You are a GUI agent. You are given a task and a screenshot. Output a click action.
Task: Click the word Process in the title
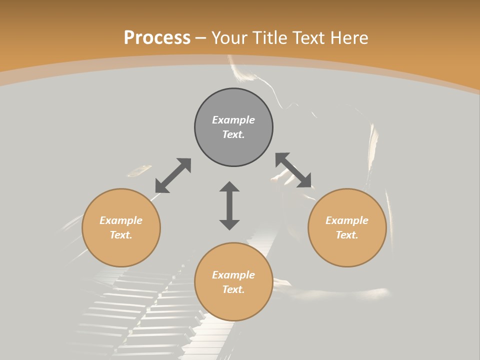(157, 38)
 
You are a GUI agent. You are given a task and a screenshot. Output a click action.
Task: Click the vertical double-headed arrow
(229, 205)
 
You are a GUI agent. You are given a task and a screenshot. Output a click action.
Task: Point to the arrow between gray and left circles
(173, 175)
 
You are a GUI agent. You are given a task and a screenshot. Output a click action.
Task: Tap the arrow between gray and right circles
(293, 170)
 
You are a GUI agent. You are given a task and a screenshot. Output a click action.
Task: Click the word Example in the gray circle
(233, 120)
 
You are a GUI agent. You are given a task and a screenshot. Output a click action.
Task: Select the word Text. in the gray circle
(233, 134)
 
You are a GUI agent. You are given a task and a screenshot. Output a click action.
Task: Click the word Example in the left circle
(121, 220)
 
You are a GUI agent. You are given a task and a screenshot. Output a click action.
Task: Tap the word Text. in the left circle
(121, 235)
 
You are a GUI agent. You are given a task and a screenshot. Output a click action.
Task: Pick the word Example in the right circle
(347, 220)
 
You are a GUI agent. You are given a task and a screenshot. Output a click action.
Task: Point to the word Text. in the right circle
(347, 235)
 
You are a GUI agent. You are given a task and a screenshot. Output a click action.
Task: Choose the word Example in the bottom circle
(233, 275)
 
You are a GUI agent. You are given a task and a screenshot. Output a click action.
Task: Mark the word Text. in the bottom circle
(233, 289)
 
